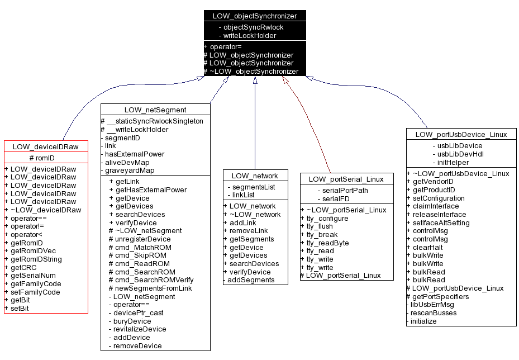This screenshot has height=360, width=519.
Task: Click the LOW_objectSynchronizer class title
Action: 255,16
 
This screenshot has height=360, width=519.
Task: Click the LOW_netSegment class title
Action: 155,110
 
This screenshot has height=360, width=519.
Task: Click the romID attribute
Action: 46,158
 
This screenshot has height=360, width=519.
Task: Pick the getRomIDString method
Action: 36,259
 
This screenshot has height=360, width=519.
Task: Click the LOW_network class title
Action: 255,176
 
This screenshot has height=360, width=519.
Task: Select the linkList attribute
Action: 244,195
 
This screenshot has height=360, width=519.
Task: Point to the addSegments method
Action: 251,280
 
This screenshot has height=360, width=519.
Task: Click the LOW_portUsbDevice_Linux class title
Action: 461,134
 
